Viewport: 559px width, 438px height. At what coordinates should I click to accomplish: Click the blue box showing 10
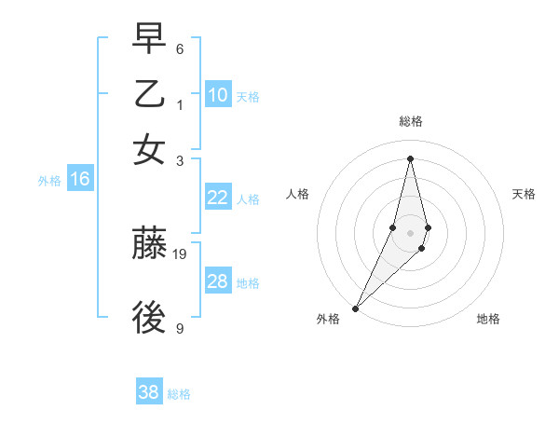point(218,95)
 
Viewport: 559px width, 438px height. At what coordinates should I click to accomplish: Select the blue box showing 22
point(218,198)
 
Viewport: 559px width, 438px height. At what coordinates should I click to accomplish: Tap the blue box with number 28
point(218,281)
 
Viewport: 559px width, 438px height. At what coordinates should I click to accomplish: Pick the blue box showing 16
point(79,179)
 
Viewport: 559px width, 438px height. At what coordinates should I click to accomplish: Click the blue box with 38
point(149,392)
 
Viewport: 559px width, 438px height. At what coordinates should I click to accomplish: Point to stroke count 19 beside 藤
point(181,253)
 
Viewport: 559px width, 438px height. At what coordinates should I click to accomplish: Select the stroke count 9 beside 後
point(180,328)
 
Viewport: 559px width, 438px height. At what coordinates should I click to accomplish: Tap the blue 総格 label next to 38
point(179,394)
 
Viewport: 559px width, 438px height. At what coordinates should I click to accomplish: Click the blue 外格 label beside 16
point(49,181)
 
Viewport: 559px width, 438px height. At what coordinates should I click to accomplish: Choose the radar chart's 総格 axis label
point(410,121)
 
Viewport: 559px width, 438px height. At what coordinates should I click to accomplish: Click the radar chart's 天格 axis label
point(524,194)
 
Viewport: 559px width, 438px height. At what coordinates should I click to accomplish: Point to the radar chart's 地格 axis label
point(488,319)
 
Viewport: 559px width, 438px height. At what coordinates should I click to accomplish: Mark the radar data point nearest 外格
point(355,308)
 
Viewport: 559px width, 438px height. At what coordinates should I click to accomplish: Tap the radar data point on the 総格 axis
point(410,157)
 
